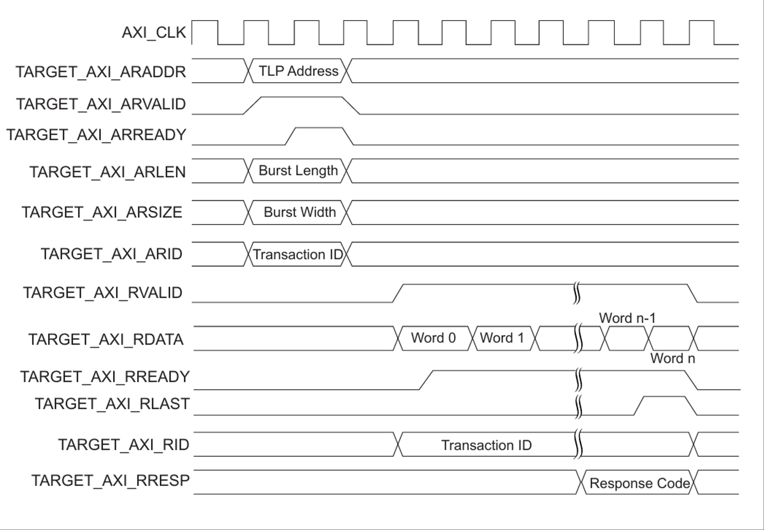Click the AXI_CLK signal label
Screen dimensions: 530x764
(x=154, y=33)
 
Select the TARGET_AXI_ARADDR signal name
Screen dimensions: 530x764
(x=101, y=72)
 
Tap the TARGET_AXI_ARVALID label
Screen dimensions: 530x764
(x=101, y=104)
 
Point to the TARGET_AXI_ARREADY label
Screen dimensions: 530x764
(x=96, y=135)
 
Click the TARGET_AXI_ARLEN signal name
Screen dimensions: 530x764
(x=108, y=172)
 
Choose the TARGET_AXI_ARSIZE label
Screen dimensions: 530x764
(x=102, y=212)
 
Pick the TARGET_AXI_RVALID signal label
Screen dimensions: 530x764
(x=102, y=293)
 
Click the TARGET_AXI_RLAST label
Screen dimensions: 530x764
(x=112, y=404)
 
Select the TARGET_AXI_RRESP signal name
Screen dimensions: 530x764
(x=110, y=481)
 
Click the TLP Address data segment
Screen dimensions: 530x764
(x=298, y=71)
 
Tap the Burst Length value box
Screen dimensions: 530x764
(x=298, y=170)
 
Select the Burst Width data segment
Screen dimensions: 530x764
(x=299, y=212)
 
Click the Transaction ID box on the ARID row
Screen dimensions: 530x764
(x=298, y=254)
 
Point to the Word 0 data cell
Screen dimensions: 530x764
(x=433, y=338)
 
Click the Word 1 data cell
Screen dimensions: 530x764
(x=502, y=338)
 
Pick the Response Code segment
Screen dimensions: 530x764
(x=639, y=483)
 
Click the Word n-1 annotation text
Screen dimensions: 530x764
(x=627, y=318)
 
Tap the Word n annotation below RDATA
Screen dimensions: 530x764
(x=672, y=359)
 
